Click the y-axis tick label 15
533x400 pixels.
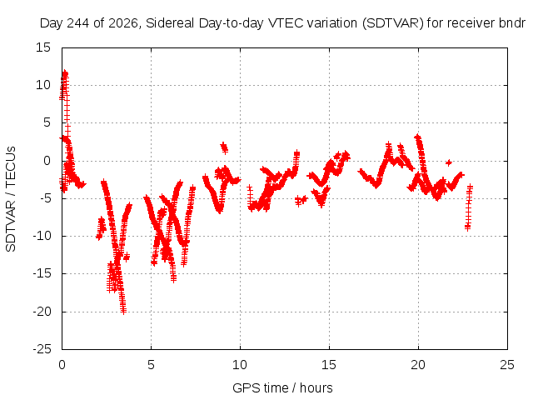[43, 47]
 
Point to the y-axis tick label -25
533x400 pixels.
[42, 349]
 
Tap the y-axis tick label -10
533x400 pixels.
[42, 236]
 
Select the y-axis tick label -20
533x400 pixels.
[42, 311]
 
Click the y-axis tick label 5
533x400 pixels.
[47, 122]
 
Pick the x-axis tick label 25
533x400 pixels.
[507, 365]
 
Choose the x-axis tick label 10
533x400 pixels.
[240, 365]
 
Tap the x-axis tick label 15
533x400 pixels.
[329, 365]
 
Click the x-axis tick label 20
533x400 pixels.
[418, 365]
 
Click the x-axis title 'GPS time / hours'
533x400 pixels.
[282, 387]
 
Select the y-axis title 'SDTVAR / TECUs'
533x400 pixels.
[11, 199]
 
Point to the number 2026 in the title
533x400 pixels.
[122, 23]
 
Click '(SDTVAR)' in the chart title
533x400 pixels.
[393, 23]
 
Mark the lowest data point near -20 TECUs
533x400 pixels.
[123, 311]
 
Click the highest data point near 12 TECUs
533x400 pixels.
[65, 73]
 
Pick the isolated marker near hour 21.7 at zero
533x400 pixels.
[449, 162]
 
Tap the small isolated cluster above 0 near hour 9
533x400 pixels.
[224, 147]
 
